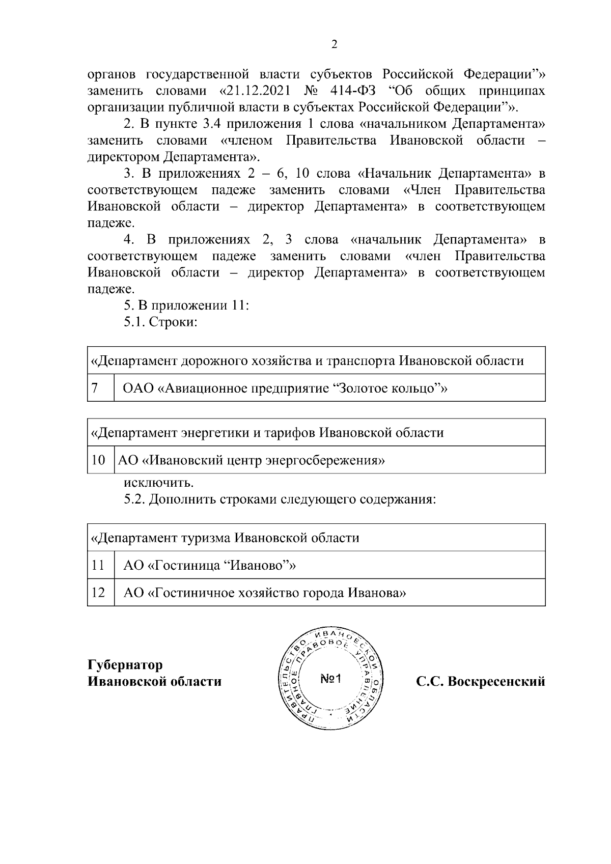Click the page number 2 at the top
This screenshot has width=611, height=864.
tap(334, 44)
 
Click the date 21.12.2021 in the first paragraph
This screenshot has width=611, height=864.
tap(256, 91)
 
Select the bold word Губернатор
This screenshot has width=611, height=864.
tap(125, 665)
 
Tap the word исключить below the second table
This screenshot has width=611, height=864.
tap(159, 482)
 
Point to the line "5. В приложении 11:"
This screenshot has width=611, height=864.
tap(186, 305)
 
